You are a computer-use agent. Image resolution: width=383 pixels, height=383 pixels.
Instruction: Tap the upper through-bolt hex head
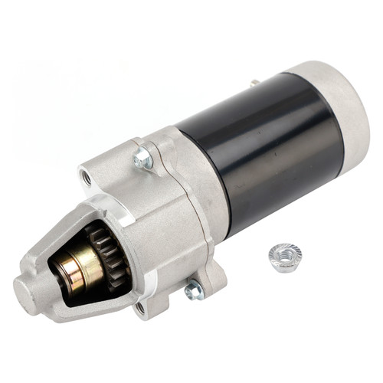[x=142, y=159]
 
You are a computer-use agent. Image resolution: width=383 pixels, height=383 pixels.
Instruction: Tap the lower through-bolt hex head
[x=194, y=290]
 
